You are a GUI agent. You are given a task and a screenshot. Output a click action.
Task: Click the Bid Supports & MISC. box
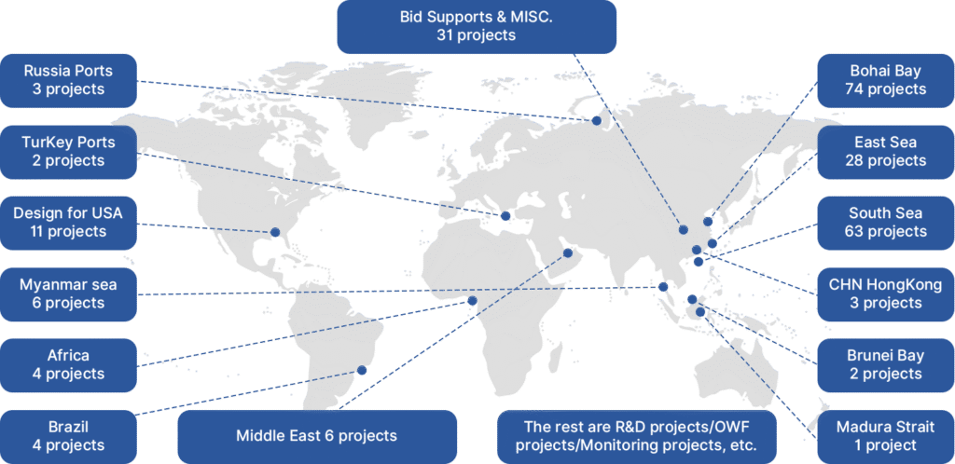pos(476,26)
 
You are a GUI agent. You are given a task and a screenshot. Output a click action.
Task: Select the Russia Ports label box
pos(68,79)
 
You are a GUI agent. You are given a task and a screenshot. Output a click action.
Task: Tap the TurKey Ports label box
pos(68,151)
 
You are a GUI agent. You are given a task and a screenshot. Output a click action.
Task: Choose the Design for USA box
pos(68,222)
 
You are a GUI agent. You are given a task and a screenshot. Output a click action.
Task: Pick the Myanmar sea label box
pos(68,293)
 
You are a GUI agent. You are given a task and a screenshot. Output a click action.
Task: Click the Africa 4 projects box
pos(68,364)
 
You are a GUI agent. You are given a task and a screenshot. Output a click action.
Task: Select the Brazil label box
pos(68,436)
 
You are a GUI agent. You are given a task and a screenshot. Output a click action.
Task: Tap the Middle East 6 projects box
pos(316,435)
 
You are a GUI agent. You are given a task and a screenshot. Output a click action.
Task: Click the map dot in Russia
pos(597,120)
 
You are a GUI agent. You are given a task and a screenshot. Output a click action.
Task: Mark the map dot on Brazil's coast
pos(362,370)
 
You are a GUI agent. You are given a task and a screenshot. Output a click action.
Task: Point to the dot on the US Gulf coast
pos(275,233)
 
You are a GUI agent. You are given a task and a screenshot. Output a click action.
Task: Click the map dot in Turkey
pos(506,216)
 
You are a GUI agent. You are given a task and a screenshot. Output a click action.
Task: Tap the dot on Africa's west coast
pos(472,301)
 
